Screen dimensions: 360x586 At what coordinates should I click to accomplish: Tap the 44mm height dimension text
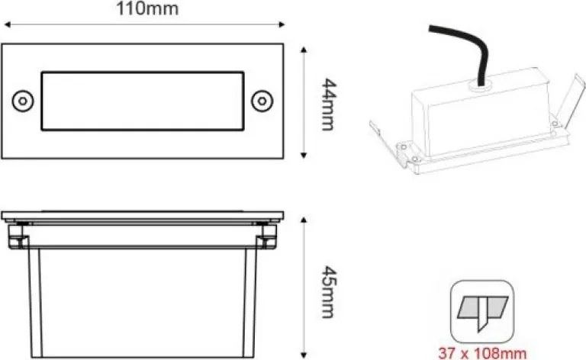click(x=327, y=103)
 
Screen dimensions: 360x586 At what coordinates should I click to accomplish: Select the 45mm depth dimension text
click(x=327, y=292)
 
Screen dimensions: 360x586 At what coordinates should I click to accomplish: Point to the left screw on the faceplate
click(x=21, y=100)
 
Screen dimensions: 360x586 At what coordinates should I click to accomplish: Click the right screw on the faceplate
click(x=262, y=100)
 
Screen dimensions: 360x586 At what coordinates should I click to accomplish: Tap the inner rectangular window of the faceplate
click(x=142, y=101)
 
